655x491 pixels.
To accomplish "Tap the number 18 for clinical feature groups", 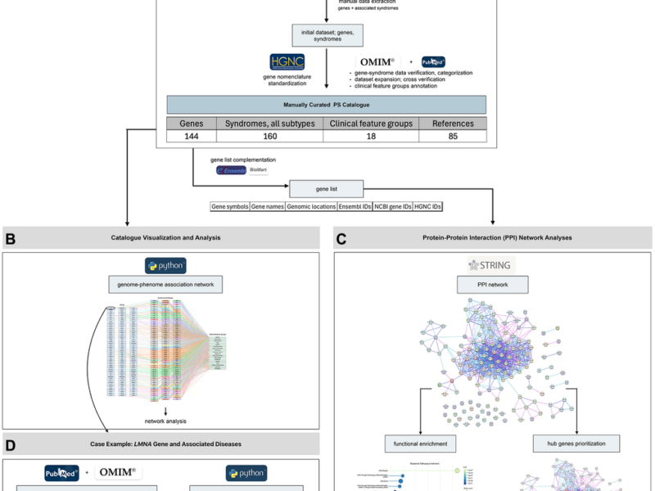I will click(x=370, y=137).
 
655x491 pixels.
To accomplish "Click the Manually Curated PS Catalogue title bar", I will click(x=326, y=105).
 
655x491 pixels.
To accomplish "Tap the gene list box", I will click(x=326, y=187).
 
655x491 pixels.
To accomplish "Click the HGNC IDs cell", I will click(x=427, y=207).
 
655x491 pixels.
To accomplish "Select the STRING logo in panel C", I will click(x=490, y=265).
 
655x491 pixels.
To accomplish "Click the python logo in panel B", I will click(x=165, y=265).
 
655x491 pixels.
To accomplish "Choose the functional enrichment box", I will click(x=418, y=444).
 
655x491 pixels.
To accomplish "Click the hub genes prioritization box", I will click(x=576, y=444).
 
